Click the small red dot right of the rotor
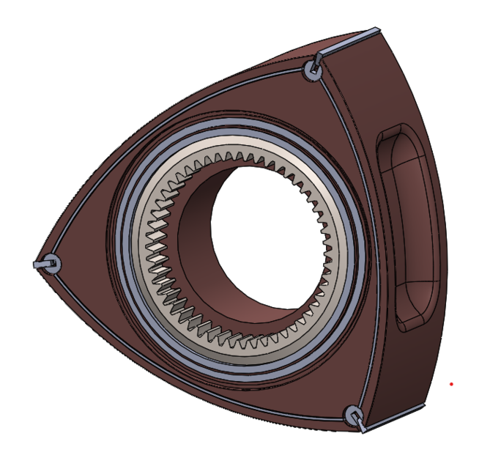[x=452, y=383]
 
